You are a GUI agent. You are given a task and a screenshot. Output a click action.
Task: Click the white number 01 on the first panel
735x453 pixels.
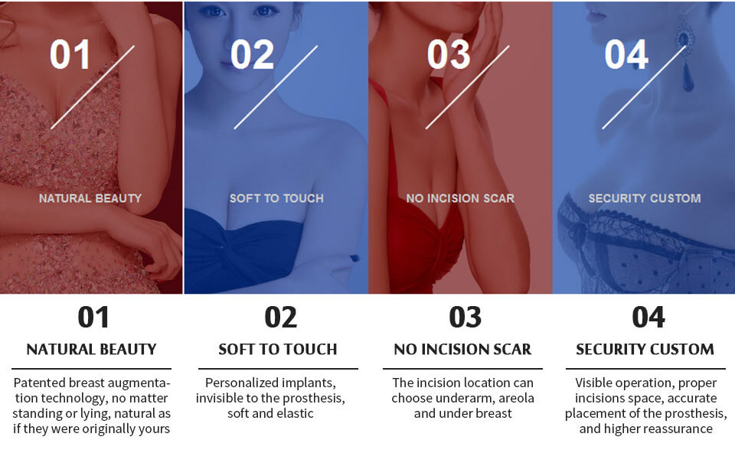pos(70,55)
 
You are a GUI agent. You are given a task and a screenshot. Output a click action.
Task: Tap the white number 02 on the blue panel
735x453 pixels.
pos(252,55)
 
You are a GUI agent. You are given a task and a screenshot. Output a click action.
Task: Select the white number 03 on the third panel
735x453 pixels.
pos(449,55)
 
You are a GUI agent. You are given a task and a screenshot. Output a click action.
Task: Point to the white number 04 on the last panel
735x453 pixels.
pos(626,55)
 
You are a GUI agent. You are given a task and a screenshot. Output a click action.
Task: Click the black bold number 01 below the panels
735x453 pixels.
pos(93,317)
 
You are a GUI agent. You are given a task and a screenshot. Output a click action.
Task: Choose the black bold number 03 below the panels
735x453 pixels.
pos(465,317)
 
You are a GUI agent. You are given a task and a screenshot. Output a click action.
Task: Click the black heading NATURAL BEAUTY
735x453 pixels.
pos(91,349)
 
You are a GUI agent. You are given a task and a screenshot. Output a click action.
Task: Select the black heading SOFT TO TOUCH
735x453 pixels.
pos(277,349)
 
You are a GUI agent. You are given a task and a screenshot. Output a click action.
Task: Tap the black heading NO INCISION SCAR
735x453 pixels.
pos(462,349)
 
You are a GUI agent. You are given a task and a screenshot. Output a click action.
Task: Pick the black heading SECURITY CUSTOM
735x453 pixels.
pos(645,349)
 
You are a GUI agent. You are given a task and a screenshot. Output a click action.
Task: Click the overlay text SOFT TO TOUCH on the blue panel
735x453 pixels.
pos(276,198)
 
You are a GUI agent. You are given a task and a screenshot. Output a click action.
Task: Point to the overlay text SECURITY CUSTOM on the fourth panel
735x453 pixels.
pos(645,198)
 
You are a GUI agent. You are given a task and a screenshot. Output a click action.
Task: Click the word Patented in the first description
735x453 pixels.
pos(39,383)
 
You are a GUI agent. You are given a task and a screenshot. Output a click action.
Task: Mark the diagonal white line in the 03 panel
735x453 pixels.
pos(467,87)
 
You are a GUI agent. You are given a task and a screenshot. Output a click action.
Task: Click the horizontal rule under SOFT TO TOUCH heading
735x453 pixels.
pos(278,369)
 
